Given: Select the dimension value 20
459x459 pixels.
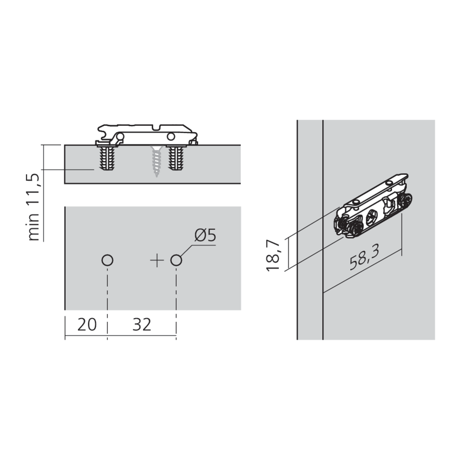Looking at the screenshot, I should pos(87,325).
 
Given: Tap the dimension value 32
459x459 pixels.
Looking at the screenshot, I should pos(142,325).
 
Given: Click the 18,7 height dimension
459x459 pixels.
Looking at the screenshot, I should pos(274,254).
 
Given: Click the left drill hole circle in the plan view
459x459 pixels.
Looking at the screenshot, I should pos(107,261).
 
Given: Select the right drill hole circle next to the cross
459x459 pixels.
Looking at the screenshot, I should pos(176,261).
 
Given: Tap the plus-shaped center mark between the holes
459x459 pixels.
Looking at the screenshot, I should pos(157,261).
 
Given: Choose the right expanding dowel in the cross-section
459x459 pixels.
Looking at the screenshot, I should pos(177,158).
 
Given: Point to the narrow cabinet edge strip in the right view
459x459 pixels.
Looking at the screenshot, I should pos(310,229).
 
